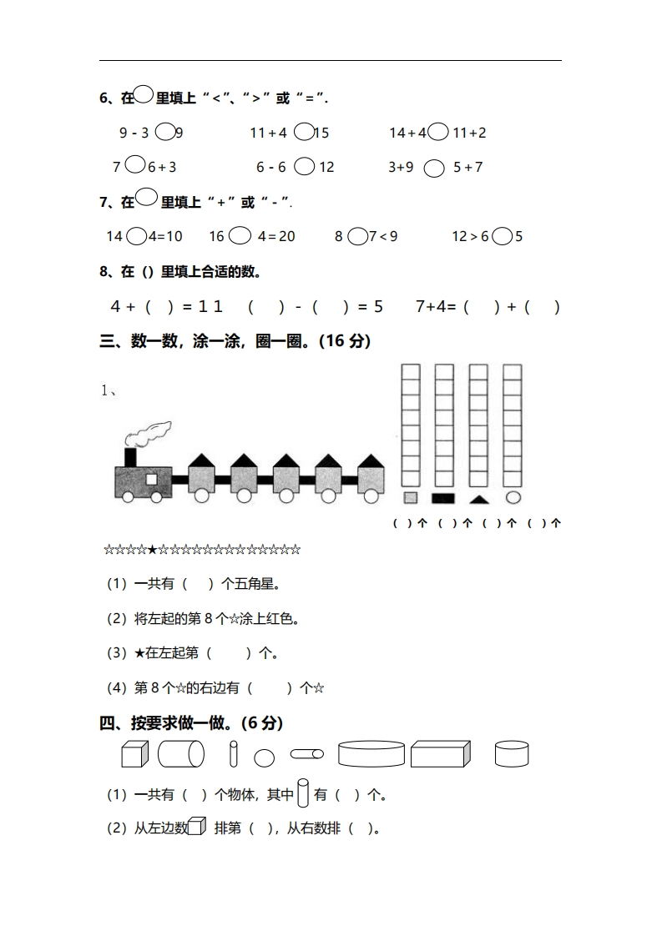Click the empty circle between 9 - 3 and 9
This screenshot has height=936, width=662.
pos(164,132)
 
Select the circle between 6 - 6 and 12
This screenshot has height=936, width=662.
pos(305,167)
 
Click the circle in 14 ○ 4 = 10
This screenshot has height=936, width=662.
pos(136,236)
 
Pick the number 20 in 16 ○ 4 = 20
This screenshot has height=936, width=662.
pos(286,236)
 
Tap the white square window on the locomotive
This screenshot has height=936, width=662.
pos(152,480)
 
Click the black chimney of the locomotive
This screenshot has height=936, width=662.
pos(130,457)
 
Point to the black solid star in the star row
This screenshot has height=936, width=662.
pos(152,550)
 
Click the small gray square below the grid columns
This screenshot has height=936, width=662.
pos(410,498)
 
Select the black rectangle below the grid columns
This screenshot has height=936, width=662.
pos(443,498)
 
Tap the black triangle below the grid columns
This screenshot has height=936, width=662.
pos(478,499)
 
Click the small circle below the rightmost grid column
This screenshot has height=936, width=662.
pos(513,498)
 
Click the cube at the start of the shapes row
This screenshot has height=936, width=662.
pos(134,754)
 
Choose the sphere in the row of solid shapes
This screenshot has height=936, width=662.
pos(264,758)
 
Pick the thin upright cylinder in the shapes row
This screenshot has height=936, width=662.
pos(234,753)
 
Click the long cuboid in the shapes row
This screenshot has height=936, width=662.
pos(440,754)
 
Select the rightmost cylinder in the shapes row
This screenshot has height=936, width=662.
pos(511,754)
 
